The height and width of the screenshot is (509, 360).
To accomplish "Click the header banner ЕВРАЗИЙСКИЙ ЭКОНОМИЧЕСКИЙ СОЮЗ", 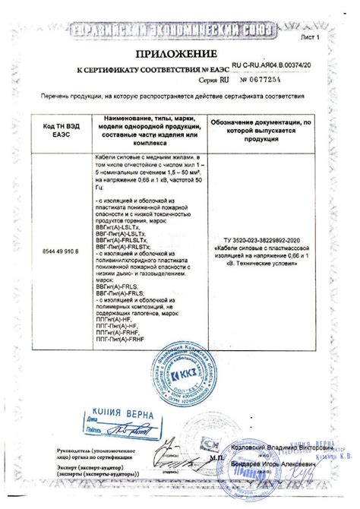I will point(180,30).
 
